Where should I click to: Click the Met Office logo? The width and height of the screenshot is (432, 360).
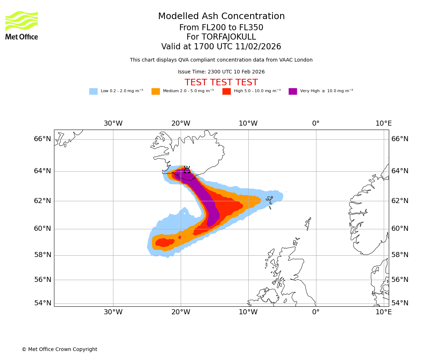[22, 25]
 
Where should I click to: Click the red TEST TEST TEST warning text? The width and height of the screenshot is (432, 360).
[221, 82]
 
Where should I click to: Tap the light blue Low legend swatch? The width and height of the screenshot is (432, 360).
[93, 91]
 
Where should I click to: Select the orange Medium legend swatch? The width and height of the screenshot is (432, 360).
[156, 91]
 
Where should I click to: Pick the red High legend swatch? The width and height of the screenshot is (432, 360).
[226, 91]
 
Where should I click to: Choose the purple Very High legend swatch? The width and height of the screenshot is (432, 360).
[293, 91]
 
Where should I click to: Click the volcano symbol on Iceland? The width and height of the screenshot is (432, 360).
[187, 170]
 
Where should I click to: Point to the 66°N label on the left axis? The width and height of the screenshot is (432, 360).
[42, 139]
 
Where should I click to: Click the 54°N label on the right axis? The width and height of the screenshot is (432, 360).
[400, 303]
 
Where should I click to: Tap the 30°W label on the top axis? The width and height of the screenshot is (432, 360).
[113, 123]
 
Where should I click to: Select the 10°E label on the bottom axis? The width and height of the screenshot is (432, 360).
[383, 312]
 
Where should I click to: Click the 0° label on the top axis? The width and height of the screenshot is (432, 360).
[316, 123]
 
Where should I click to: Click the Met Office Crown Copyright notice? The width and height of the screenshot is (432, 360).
[59, 349]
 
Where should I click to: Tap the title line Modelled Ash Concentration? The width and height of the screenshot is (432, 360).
[221, 16]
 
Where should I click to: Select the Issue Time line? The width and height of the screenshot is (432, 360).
[221, 72]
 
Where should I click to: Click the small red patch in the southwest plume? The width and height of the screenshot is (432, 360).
[180, 237]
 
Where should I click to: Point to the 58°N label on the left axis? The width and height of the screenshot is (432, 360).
[42, 255]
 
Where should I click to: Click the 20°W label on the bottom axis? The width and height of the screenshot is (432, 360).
[181, 312]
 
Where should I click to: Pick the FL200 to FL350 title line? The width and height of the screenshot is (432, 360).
[221, 28]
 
